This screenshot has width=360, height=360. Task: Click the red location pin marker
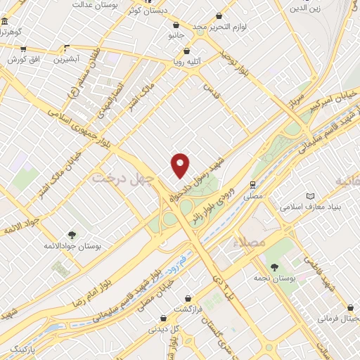[181, 165]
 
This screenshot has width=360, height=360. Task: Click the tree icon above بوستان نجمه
[274, 266]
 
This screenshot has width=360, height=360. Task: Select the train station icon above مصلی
[251, 184]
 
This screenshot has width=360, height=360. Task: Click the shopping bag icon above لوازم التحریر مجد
[219, 15]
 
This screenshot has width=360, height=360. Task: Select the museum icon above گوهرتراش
[6, 22]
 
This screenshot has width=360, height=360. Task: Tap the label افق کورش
[22, 60]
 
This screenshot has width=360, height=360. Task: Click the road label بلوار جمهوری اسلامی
[76, 127]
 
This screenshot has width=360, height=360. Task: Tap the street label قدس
[207, 89]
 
